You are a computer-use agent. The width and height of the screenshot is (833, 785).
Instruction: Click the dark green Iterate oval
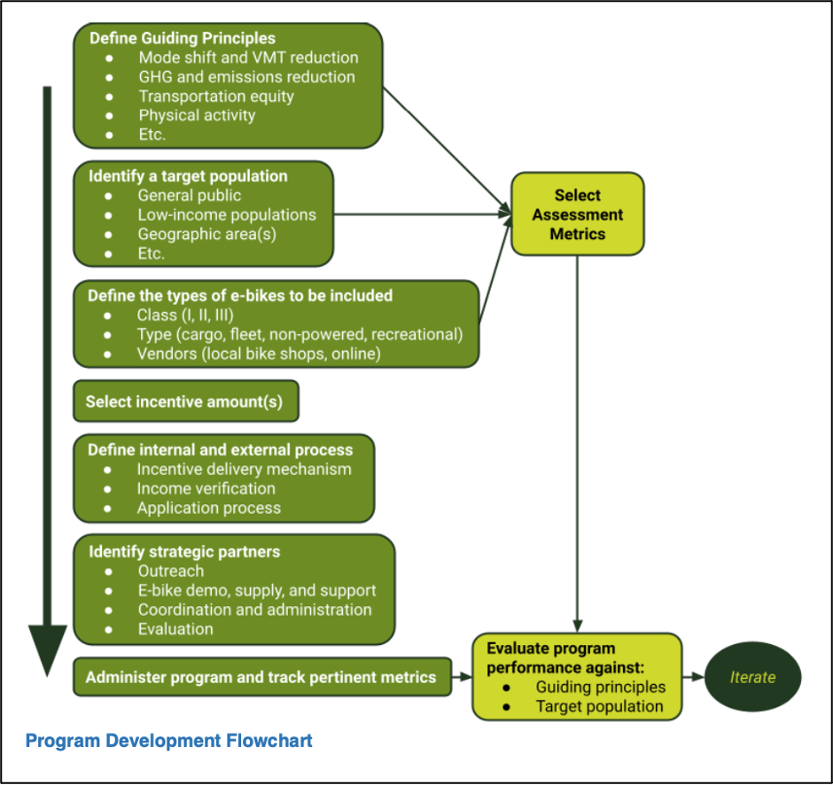[752, 678]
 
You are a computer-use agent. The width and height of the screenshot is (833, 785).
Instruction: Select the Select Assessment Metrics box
[577, 215]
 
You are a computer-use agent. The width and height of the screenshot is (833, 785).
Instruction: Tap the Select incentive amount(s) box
[185, 402]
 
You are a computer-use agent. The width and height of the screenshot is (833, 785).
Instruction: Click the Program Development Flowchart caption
[168, 740]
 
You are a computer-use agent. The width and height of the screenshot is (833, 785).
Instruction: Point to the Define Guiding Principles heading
[182, 39]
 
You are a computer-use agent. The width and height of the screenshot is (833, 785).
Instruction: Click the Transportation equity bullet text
[216, 97]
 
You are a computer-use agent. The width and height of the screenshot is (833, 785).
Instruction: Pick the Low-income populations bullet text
[226, 215]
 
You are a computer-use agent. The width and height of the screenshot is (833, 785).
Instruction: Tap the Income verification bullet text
[206, 489]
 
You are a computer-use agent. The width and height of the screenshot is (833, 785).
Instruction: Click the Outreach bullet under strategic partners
[170, 571]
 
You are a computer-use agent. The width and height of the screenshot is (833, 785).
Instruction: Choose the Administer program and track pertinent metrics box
[261, 678]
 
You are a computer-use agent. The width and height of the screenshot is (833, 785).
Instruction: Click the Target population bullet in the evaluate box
[599, 706]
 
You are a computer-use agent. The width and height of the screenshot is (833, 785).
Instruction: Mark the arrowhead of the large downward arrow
[48, 651]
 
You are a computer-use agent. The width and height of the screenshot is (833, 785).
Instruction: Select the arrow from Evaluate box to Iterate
[694, 678]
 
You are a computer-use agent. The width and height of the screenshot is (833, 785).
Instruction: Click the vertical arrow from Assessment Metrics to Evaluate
[578, 443]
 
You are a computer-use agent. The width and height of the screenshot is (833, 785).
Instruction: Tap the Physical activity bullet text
[197, 116]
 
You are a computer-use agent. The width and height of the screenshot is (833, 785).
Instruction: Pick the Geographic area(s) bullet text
[206, 235]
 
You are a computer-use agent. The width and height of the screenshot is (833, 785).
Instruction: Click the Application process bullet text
[208, 509]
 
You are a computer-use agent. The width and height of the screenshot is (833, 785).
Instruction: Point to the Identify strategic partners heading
[183, 552]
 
